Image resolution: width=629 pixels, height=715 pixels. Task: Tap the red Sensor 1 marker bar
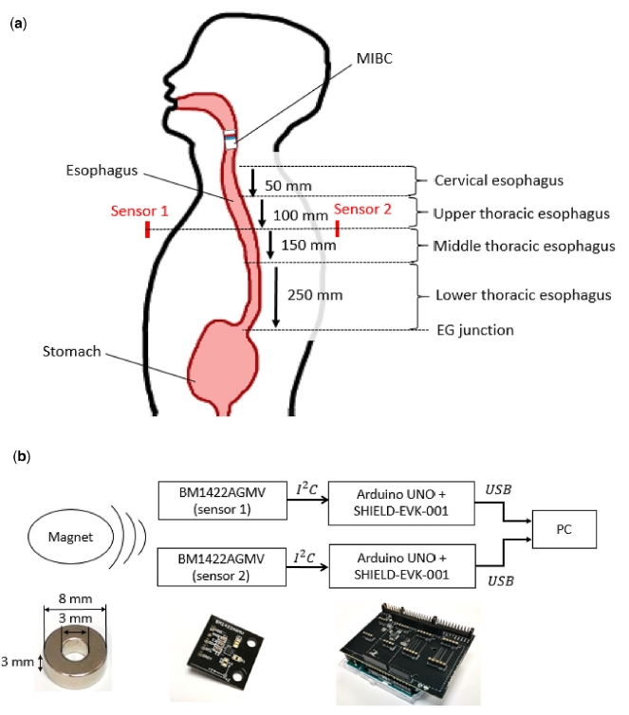click(x=147, y=229)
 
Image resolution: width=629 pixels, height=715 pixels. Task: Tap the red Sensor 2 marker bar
click(x=338, y=229)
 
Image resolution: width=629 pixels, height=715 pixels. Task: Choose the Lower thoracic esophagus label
click(x=522, y=295)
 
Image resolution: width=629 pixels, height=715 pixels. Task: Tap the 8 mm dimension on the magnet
click(x=75, y=599)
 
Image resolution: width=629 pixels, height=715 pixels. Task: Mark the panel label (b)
click(x=20, y=456)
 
